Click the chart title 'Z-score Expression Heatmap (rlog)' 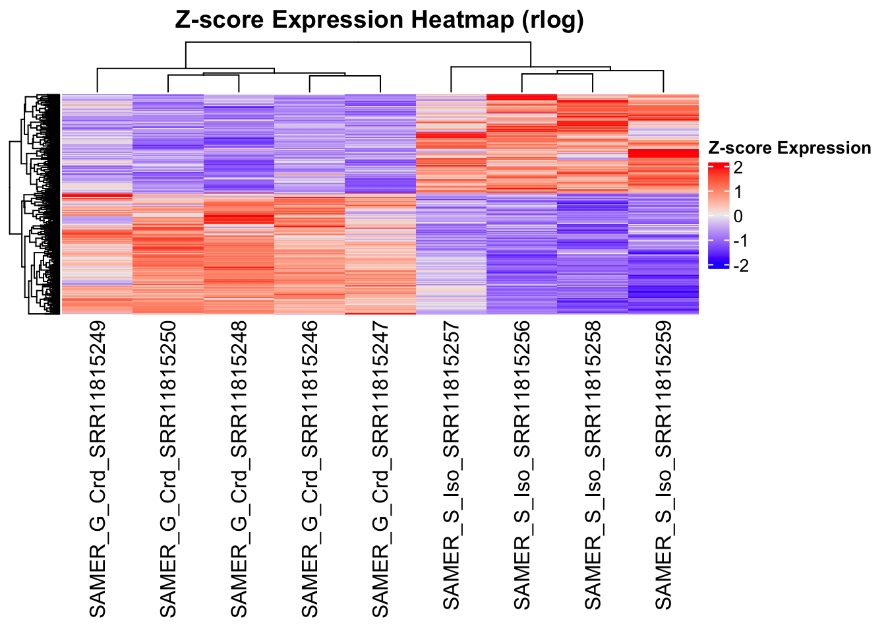tap(379, 20)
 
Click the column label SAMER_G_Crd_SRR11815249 tap(98, 469)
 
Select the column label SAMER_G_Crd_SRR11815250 tap(168, 469)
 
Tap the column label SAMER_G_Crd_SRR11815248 tap(239, 469)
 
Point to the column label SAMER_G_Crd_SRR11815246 tap(309, 469)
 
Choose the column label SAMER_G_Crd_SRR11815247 tap(380, 469)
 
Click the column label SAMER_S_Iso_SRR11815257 tap(451, 466)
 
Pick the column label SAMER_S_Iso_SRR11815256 tap(521, 466)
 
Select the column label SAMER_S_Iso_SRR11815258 tap(593, 466)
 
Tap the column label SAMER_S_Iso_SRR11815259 tap(663, 466)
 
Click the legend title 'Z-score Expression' tap(788, 148)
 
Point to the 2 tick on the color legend tap(738, 167)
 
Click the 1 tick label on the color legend tap(738, 192)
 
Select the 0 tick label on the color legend tap(738, 216)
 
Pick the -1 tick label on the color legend tap(741, 241)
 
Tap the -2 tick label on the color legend tap(741, 265)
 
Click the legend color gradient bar tap(718, 216)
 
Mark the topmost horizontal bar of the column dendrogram tap(358, 42)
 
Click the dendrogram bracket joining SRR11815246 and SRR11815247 tap(345, 76)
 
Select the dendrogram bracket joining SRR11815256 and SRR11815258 tap(557, 75)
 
